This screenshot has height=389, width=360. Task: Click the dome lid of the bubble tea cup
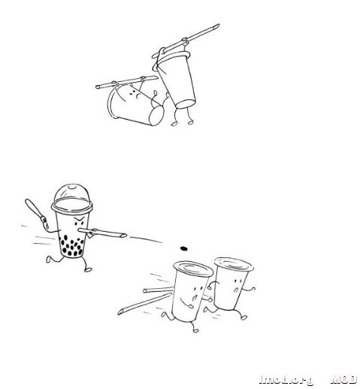tap(71, 195)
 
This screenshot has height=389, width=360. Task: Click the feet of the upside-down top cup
tap(181, 120)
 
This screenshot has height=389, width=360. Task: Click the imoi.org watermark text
tap(286, 379)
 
